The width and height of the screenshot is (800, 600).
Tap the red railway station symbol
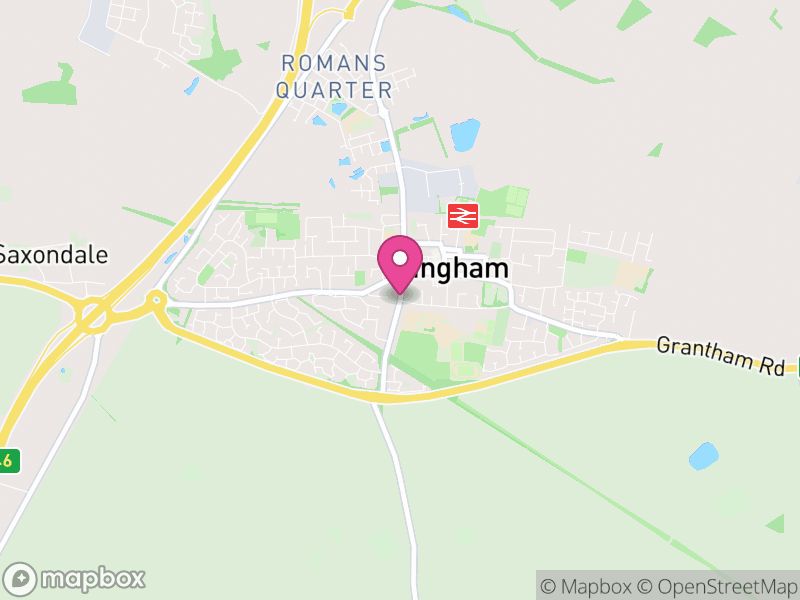coord(463,214)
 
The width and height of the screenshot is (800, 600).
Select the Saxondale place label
coord(53,254)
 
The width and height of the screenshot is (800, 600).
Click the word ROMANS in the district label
coord(333,63)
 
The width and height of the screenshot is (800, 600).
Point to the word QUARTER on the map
coord(333,90)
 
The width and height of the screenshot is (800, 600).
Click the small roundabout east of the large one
coord(155,299)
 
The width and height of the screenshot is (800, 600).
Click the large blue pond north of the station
coord(465,134)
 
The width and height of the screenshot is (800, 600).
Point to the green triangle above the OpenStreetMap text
coord(776,523)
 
